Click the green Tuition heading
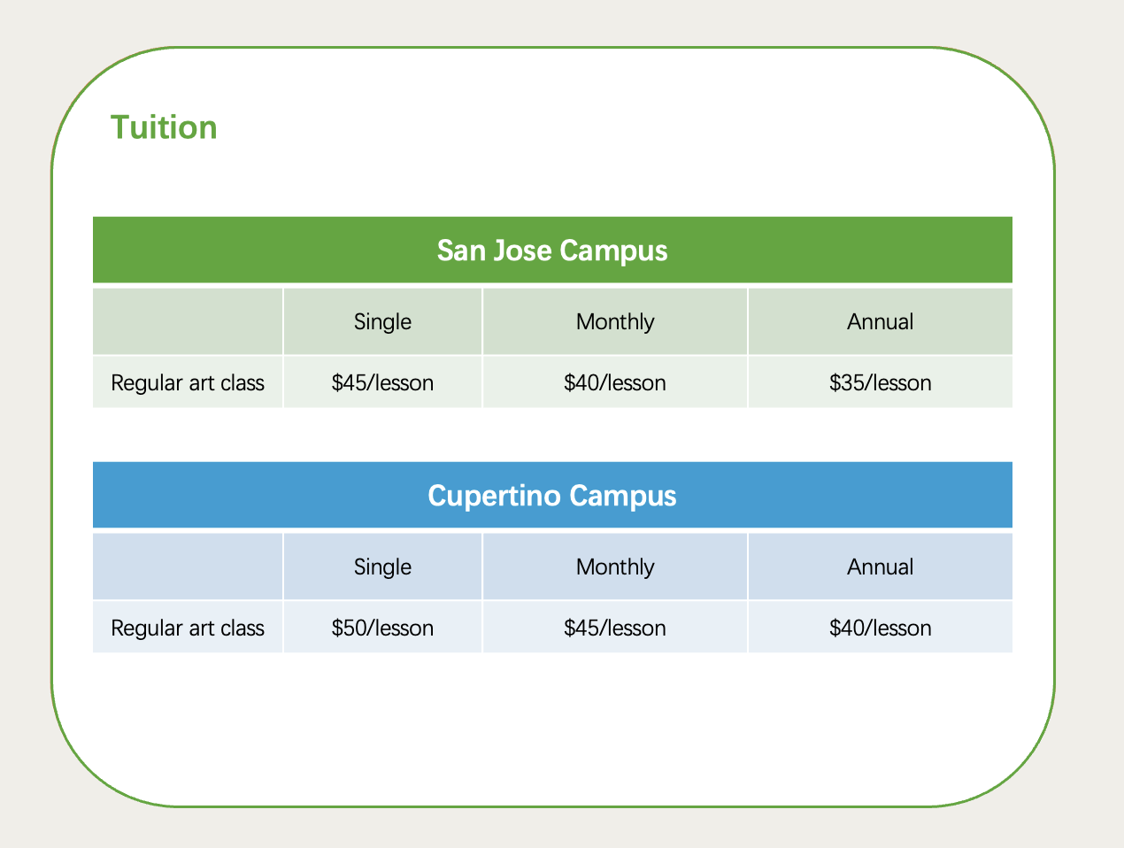tap(164, 127)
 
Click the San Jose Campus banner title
tap(552, 251)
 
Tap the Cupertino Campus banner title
tap(552, 496)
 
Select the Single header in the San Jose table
tap(382, 322)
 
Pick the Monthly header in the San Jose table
tap(615, 322)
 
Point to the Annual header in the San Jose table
tap(880, 321)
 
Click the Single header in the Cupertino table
tap(382, 567)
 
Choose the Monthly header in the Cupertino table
tap(615, 567)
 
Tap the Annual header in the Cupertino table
tap(880, 567)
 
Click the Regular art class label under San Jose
tap(188, 383)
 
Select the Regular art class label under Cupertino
tap(188, 628)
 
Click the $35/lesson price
tap(881, 383)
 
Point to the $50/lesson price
tap(382, 628)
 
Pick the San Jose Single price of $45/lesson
tap(382, 383)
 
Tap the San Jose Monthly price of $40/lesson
tap(615, 383)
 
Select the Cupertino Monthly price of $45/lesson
tap(615, 628)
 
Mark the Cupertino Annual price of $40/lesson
tap(881, 628)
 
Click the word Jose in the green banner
tap(522, 251)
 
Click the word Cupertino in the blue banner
tap(494, 496)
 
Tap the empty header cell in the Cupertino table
tap(188, 567)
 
